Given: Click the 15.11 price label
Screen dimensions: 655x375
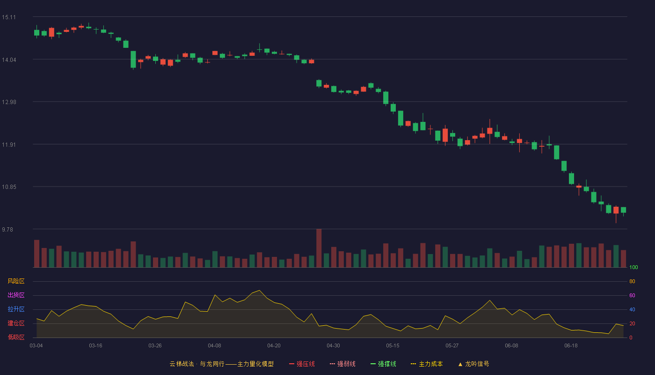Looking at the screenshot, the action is click(9, 17).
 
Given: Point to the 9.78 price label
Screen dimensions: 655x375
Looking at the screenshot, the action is click(7, 229).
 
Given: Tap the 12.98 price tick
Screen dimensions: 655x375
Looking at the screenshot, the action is click(9, 102).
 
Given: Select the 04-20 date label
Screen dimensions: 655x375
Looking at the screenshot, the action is click(274, 346).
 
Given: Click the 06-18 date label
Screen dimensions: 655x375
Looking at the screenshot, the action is click(571, 346).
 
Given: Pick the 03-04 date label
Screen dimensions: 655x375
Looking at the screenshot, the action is click(36, 346).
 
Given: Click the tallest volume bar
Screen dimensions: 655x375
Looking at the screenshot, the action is click(319, 248).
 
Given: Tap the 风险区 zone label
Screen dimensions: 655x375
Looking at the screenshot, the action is click(16, 281).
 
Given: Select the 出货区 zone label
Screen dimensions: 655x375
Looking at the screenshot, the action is click(16, 295).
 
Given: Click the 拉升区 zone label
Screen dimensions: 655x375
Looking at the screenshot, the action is click(16, 309).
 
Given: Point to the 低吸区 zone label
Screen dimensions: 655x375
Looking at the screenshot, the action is click(16, 337).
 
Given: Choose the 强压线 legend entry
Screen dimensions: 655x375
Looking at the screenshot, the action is click(302, 364).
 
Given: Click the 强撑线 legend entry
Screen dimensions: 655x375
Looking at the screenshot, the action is click(383, 364).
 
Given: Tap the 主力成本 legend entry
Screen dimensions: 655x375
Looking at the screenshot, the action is click(427, 364).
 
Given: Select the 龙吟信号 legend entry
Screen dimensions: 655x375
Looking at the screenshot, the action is click(473, 364).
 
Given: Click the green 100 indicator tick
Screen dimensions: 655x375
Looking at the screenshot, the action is click(633, 267).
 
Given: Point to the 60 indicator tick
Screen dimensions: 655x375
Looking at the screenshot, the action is click(632, 295).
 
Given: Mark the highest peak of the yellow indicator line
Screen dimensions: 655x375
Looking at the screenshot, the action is click(259, 290).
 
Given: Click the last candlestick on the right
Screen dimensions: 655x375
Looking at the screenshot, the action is click(623, 210).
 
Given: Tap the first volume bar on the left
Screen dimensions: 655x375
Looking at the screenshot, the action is click(36, 254).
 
